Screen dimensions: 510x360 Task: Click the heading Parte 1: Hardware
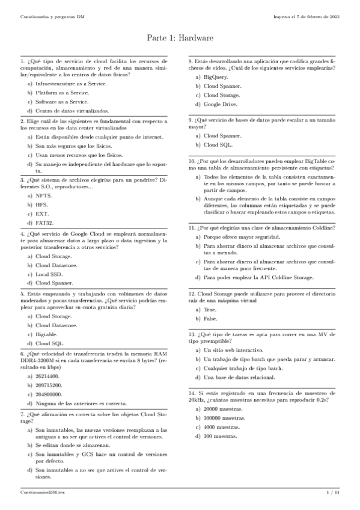180,38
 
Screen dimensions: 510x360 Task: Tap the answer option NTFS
44,196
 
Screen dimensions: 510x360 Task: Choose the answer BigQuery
216,78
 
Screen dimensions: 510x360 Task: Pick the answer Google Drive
220,103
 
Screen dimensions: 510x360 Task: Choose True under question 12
210,309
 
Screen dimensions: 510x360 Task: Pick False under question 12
211,318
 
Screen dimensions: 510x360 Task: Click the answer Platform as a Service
62,93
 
